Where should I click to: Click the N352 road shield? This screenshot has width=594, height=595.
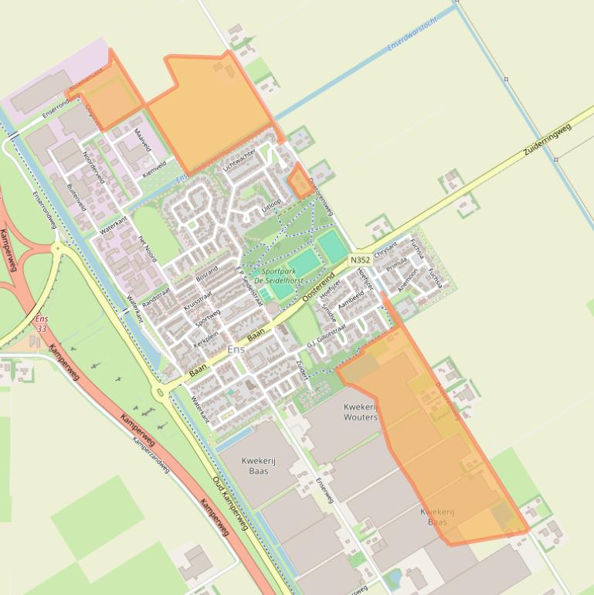point(360,260)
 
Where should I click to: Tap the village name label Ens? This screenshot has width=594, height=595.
point(236,350)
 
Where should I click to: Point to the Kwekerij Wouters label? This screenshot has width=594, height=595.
point(361,412)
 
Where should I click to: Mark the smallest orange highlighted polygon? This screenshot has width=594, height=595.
point(300,180)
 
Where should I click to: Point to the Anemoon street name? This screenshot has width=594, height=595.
point(406,278)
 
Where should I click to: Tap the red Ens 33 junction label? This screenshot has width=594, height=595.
point(41,324)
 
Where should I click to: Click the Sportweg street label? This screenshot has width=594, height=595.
point(208,318)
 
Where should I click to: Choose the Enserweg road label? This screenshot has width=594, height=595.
point(324,490)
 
